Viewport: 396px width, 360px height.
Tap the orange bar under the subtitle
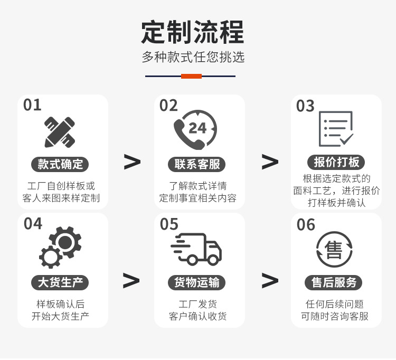(x=191, y=76)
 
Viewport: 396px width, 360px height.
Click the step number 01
(x=32, y=105)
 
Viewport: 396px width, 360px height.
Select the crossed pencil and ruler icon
(x=60, y=132)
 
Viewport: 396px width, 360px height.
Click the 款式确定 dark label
(x=60, y=164)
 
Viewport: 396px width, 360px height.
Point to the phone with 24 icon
(x=195, y=130)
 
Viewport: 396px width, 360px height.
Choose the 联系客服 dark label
(x=197, y=164)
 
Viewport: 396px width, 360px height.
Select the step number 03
(x=305, y=106)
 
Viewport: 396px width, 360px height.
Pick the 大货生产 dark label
(x=60, y=282)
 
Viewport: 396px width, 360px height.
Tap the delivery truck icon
(x=196, y=249)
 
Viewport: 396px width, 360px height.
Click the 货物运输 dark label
(x=197, y=282)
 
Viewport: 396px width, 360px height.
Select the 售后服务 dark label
(x=334, y=282)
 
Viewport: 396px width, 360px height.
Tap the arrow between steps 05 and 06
(x=270, y=281)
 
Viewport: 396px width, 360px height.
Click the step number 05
(x=169, y=224)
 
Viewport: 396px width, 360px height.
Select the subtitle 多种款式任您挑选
(x=193, y=57)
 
